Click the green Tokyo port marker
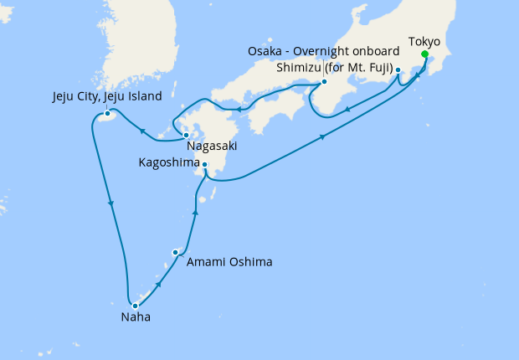424,55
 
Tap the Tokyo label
424,41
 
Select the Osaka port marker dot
324,82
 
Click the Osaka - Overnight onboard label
323,52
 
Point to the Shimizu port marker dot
398,70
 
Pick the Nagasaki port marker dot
198,135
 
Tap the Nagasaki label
212,146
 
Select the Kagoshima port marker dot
205,165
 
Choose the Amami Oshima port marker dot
175,252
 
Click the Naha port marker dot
135,306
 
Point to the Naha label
136,318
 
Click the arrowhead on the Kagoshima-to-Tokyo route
322,138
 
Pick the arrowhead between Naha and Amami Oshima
158,285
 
